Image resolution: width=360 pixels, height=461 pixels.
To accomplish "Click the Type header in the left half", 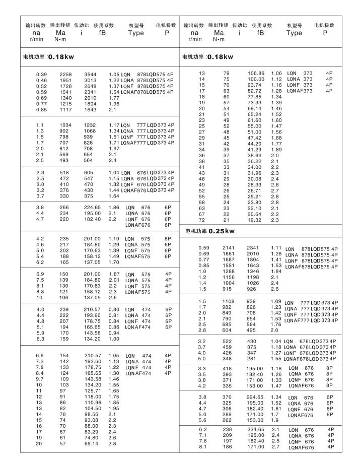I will [136, 33].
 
